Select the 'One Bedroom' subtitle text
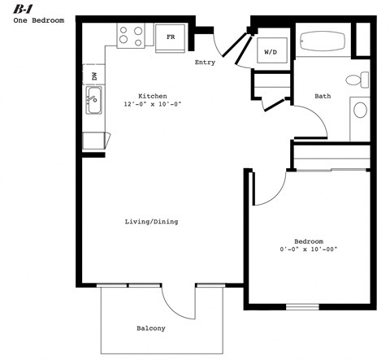click(38, 20)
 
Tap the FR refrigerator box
click(171, 37)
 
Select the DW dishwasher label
click(94, 76)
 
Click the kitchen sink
click(94, 102)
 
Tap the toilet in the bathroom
click(355, 80)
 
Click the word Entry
click(205, 63)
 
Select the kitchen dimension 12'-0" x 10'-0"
click(153, 105)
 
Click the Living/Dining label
click(151, 221)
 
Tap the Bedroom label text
click(309, 241)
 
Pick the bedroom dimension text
click(309, 250)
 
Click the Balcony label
click(150, 328)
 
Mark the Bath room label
click(323, 96)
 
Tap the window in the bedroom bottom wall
click(302, 306)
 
